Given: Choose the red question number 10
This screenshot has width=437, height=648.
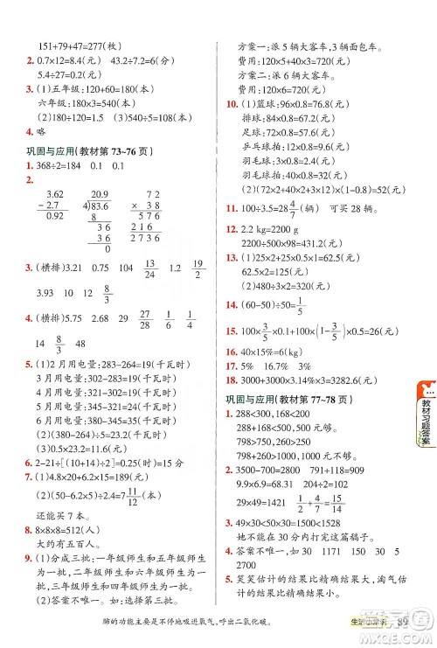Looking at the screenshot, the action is [x=230, y=105].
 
